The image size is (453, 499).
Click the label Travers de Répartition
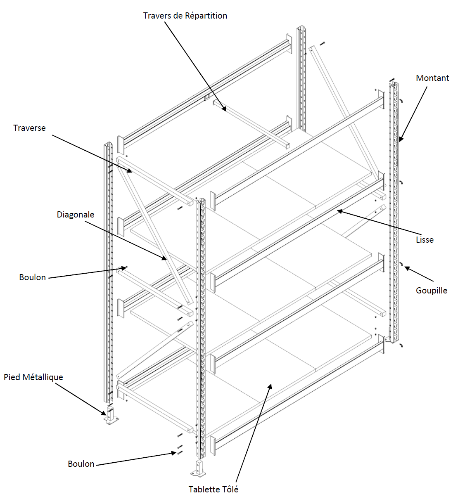tap(185, 16)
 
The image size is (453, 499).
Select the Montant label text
tap(432, 78)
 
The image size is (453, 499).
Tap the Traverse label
tap(29, 128)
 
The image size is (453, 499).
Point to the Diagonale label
tap(75, 215)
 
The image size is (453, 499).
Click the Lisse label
tap(424, 240)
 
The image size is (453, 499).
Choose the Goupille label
tap(431, 291)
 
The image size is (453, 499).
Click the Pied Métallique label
tap(33, 377)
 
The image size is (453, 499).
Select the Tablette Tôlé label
tap(213, 490)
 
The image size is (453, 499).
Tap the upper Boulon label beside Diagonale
tap(32, 277)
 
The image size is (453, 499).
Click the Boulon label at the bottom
tap(81, 464)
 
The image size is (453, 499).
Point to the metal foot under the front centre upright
tap(200, 468)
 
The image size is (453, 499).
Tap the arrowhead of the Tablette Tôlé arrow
tap(271, 385)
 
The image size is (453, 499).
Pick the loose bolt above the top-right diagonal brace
tap(322, 43)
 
